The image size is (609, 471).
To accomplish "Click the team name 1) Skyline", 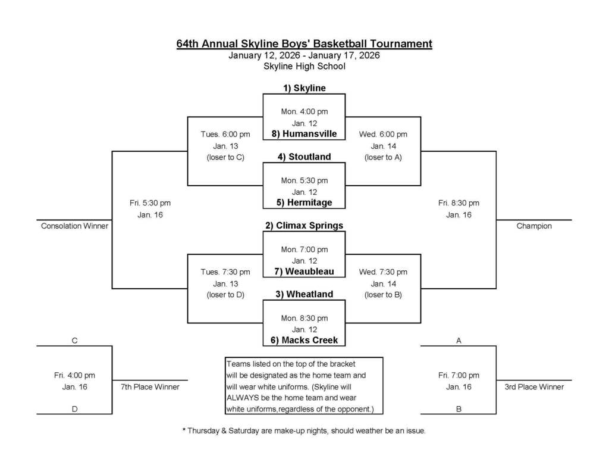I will tap(304, 88).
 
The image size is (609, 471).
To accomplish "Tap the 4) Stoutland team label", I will tap(304, 157).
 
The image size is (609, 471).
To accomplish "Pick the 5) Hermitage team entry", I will tap(304, 202).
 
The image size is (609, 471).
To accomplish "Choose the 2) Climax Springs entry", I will tap(304, 226).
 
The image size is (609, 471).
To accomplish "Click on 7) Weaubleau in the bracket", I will tap(304, 272).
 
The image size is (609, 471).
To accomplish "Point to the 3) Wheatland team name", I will tap(304, 294).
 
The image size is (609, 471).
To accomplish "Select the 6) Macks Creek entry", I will tap(304, 340).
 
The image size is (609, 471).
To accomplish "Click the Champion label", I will tap(534, 226).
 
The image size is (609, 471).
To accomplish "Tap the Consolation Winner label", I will tap(74, 226).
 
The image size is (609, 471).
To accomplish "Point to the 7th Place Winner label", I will tap(150, 387).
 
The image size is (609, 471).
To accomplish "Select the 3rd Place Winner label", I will tap(534, 387).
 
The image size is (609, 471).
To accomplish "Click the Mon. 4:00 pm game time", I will tap(304, 111).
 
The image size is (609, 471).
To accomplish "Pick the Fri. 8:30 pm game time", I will tap(459, 203).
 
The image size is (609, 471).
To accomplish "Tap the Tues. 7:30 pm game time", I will tap(225, 272).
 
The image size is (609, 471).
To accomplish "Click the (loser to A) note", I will tap(383, 157).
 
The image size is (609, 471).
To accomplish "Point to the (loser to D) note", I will tap(225, 295).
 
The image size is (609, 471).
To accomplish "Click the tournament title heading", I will tap(304, 43).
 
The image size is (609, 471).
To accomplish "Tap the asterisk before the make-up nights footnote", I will tap(184, 430).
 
